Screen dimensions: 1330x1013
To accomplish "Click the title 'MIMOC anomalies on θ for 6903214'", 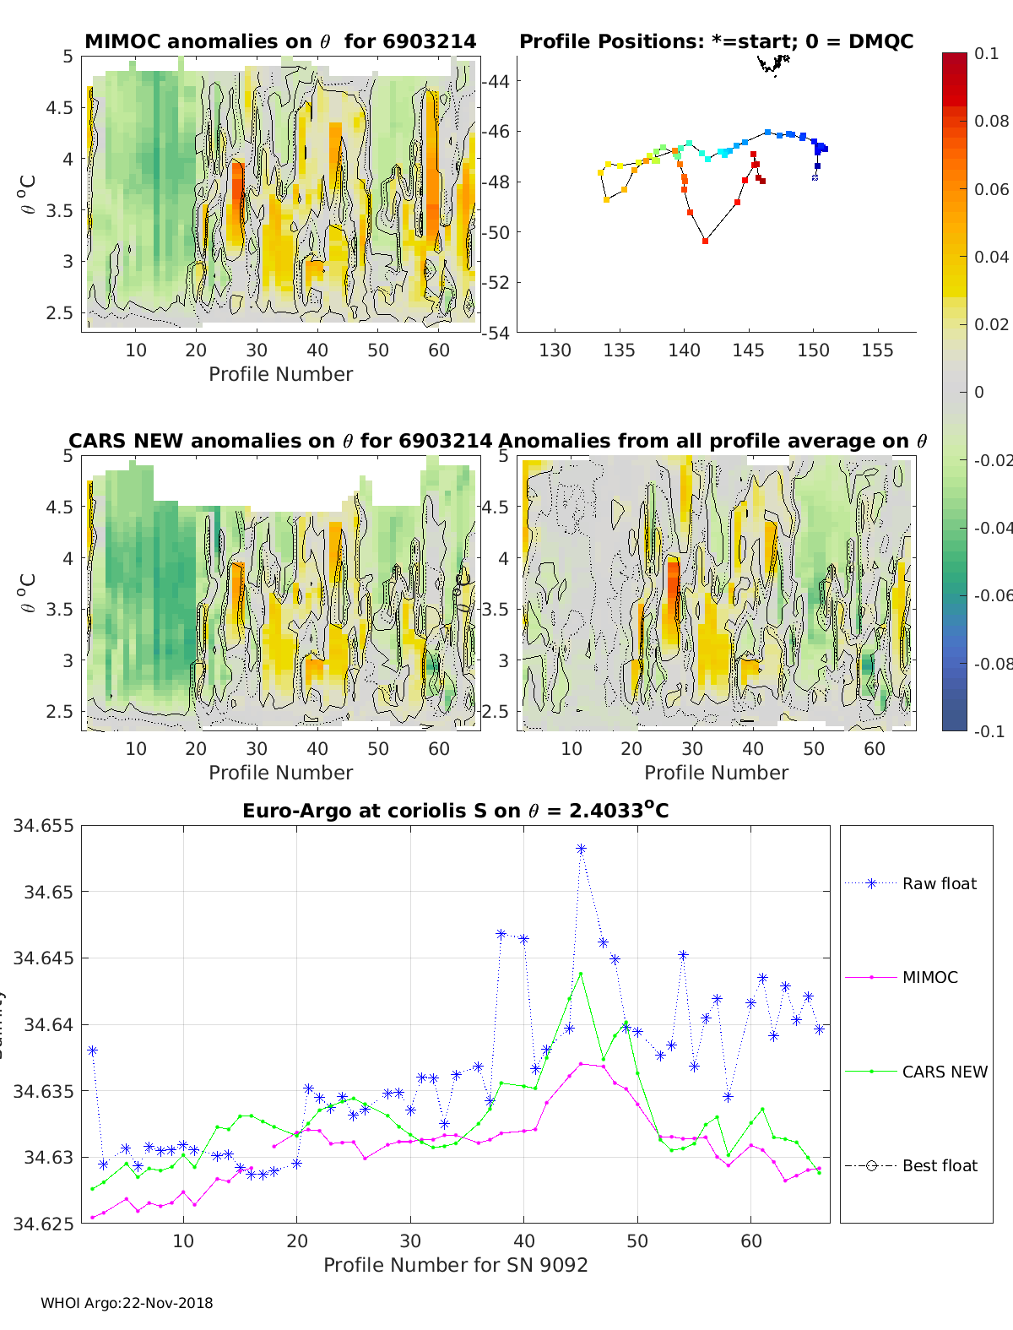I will pos(280,41).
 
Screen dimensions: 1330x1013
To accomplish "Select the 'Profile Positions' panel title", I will pos(716,41).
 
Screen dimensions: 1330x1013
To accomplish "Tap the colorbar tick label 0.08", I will pos(992,121).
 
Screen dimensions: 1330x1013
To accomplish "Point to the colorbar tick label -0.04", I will pos(994,528).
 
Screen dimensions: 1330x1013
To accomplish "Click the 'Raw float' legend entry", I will pos(939,883).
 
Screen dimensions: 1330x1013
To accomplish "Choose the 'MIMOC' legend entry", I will pos(929,977).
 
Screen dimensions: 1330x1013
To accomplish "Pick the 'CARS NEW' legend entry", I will pos(945,1072).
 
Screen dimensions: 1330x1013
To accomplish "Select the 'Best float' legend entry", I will pos(940,1165).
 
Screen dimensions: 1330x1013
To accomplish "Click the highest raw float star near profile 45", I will pos(581,849).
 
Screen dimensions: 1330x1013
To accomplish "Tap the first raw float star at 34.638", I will pos(93,1050).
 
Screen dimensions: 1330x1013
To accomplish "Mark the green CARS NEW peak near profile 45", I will pos(581,974).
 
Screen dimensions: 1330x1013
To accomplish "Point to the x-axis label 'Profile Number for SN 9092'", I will pos(455,1265).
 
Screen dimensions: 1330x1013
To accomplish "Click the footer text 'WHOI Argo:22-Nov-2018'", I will pos(127,1303).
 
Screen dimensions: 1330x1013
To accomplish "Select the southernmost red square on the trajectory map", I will pos(705,242).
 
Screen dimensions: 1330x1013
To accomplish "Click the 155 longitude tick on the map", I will pos(877,350).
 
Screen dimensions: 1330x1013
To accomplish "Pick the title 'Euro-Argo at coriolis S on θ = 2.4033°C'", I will pos(455,811).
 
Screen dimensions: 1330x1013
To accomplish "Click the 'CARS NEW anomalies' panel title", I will pos(279,441).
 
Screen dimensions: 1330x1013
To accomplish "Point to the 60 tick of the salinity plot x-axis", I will pos(751,1240).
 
